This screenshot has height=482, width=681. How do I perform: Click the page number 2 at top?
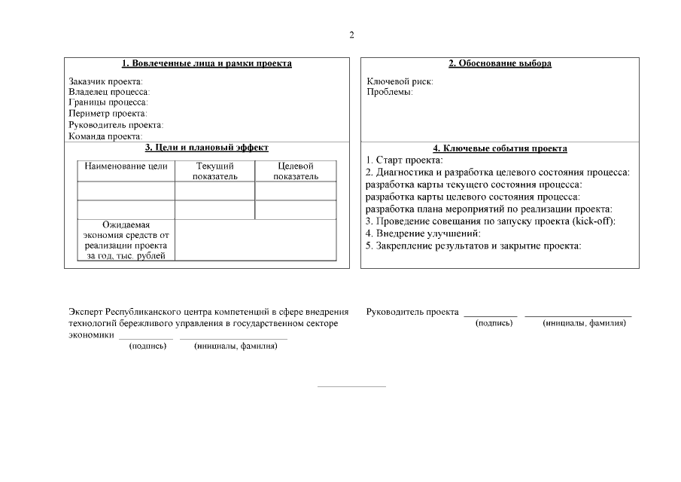[351, 35]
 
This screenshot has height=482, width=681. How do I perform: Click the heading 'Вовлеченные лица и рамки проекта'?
[206, 64]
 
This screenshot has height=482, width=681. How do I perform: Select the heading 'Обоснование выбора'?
[500, 64]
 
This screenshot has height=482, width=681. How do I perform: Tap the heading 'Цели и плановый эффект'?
[206, 148]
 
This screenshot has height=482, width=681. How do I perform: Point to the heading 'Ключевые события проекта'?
[500, 149]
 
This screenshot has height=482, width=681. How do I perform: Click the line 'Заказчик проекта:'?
[105, 81]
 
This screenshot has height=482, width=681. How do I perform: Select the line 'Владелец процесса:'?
[109, 92]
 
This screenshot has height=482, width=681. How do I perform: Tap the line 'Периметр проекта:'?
[108, 114]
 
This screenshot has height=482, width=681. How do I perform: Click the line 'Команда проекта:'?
[105, 136]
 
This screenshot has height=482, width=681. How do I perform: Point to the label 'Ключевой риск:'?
[400, 81]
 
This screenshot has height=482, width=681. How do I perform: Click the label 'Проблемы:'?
[389, 92]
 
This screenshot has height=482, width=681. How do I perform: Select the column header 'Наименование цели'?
[126, 166]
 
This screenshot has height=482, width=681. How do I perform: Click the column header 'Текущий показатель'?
[214, 171]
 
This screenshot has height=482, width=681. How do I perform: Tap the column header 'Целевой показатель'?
[295, 171]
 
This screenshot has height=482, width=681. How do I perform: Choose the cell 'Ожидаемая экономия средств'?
[126, 240]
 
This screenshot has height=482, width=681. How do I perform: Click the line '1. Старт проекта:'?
[404, 160]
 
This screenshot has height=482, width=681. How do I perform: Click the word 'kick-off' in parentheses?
[592, 221]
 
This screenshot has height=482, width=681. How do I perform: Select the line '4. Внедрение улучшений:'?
[423, 233]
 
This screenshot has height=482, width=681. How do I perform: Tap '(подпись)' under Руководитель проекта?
[494, 323]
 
